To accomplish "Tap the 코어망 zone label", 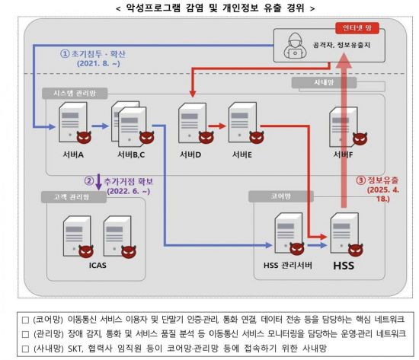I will coord(278,196).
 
